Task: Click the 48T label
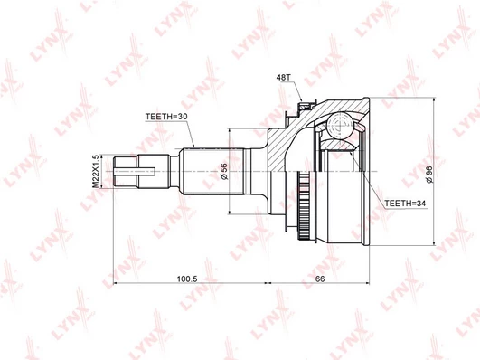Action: (x=283, y=77)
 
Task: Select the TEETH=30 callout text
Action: (x=166, y=117)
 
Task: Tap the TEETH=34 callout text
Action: (x=405, y=204)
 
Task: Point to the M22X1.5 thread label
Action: (x=96, y=171)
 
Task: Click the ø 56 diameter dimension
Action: (x=224, y=172)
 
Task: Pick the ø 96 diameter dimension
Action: (x=428, y=175)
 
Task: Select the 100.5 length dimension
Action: (x=188, y=279)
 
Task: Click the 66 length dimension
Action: (x=320, y=279)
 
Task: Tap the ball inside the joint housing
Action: (x=340, y=126)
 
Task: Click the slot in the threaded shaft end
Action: (x=135, y=171)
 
